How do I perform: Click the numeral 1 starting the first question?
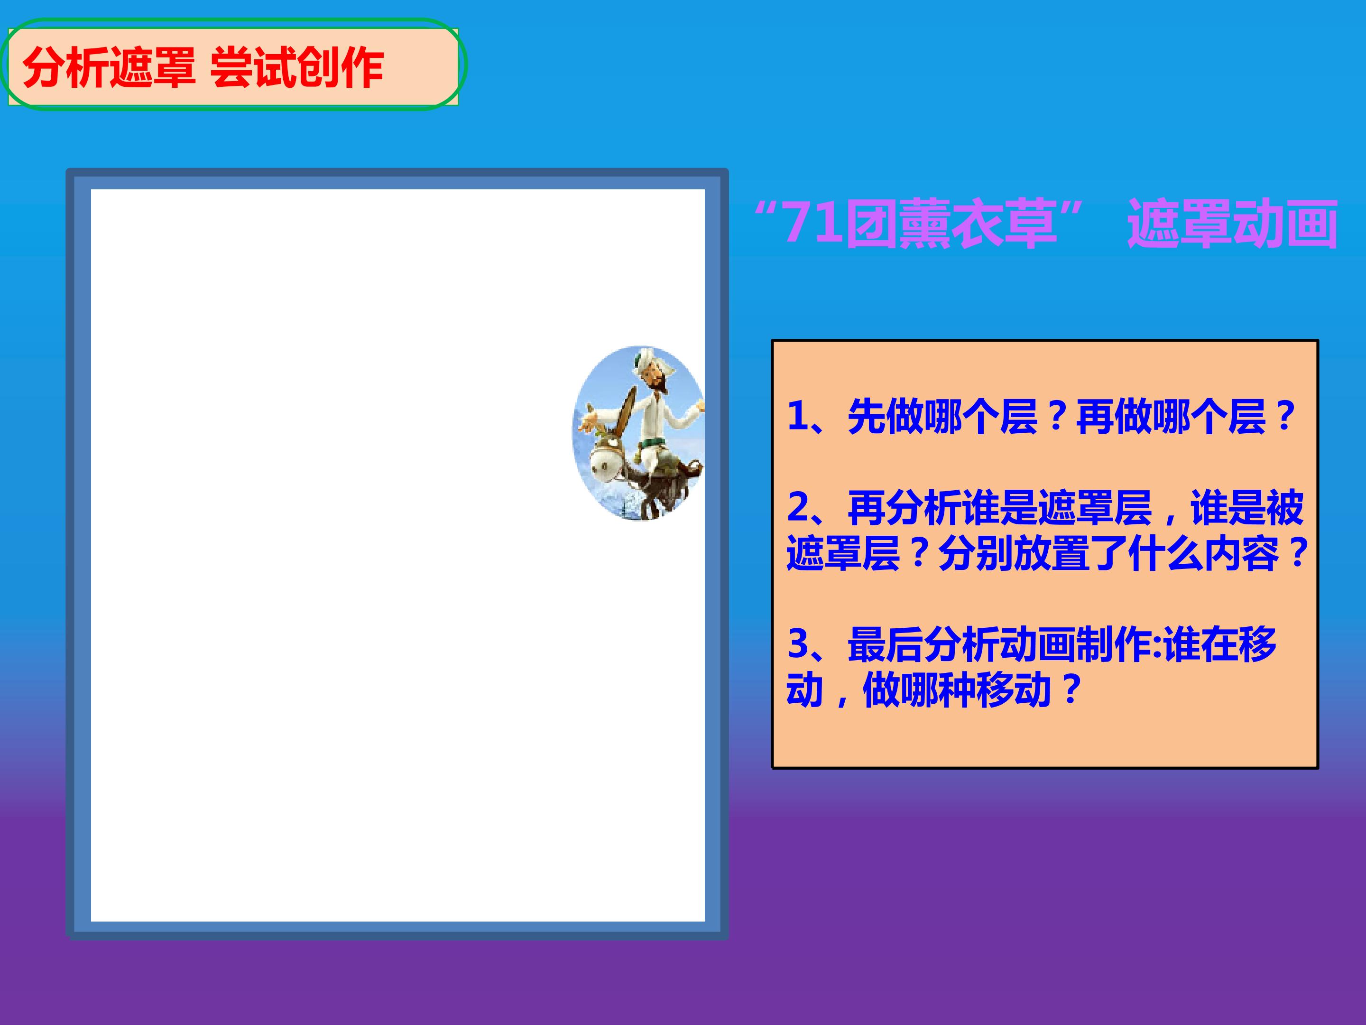(x=798, y=415)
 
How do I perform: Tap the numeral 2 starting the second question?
(x=798, y=507)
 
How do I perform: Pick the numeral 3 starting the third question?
(x=798, y=644)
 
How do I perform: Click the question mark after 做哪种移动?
(x=1071, y=690)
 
